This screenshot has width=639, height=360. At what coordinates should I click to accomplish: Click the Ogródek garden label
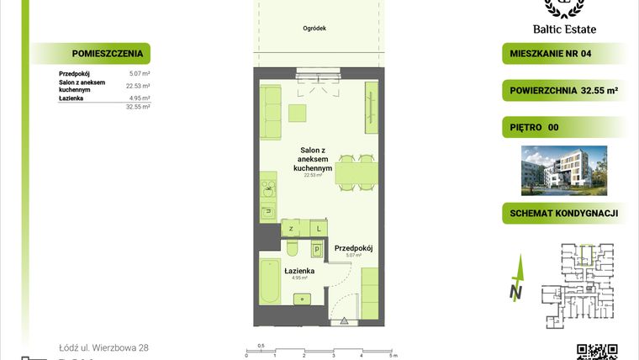pyautogui.click(x=314, y=29)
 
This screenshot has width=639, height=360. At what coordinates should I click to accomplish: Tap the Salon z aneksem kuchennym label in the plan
pyautogui.click(x=313, y=160)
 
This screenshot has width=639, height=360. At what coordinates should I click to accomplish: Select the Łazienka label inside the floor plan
pyautogui.click(x=299, y=270)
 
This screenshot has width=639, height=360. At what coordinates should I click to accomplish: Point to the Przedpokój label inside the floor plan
pyautogui.click(x=353, y=248)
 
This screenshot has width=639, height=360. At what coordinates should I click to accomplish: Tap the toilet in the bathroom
pyautogui.click(x=290, y=248)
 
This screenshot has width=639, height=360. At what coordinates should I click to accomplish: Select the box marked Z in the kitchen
pyautogui.click(x=291, y=228)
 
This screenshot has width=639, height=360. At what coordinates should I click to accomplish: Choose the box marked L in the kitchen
pyautogui.click(x=319, y=228)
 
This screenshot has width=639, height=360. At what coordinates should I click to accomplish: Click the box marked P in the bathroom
pyautogui.click(x=316, y=250)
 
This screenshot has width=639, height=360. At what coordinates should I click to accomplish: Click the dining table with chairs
pyautogui.click(x=356, y=173)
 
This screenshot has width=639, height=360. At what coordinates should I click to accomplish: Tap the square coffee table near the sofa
pyautogui.click(x=298, y=113)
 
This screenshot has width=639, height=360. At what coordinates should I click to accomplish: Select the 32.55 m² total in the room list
pyautogui.click(x=138, y=108)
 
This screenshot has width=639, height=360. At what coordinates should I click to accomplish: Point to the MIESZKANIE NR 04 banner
pyautogui.click(x=562, y=55)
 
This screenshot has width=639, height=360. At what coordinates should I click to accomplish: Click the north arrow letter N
pyautogui.click(x=516, y=293)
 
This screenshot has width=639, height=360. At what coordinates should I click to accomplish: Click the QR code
pyautogui.click(x=597, y=352)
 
